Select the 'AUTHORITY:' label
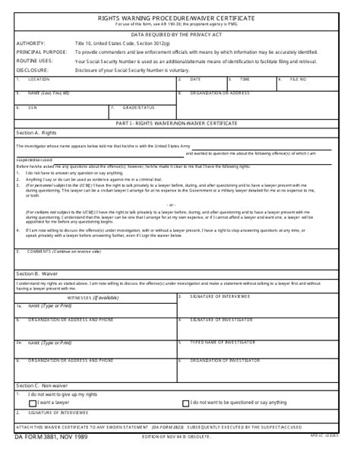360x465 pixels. tap(30, 44)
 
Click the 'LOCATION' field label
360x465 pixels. tap(39, 79)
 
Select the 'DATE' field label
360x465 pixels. tap(196, 79)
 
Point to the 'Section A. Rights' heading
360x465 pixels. tap(36, 133)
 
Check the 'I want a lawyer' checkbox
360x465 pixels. tap(21, 403)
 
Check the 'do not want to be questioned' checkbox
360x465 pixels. tap(185, 402)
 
